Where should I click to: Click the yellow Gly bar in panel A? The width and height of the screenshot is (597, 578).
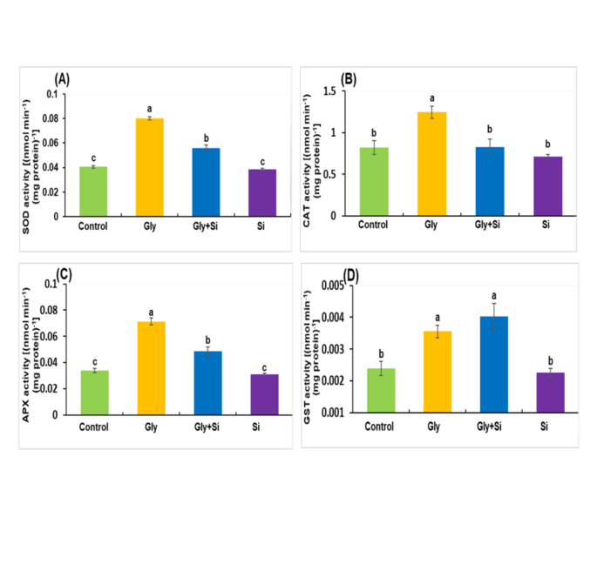149,167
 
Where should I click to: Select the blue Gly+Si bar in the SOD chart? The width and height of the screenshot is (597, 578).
207,182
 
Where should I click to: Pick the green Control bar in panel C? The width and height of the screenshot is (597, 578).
94,393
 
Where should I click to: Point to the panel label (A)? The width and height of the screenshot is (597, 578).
63,79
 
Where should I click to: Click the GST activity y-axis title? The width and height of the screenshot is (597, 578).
314,348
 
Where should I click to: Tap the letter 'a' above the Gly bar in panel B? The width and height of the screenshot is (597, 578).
431,97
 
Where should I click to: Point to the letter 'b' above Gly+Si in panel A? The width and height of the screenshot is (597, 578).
207,137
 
